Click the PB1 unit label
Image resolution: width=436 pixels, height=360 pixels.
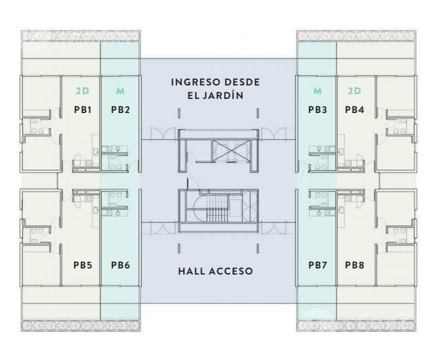click(83, 110)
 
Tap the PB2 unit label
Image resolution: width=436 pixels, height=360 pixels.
click(120, 110)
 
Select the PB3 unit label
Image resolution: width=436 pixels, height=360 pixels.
click(318, 110)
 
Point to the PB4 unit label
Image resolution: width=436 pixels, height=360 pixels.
click(355, 110)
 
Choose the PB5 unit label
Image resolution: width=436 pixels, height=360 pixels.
click(83, 265)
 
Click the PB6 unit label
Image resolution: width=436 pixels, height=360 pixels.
click(120, 265)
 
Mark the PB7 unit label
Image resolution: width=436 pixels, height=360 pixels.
click(318, 265)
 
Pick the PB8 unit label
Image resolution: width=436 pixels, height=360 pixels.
click(355, 265)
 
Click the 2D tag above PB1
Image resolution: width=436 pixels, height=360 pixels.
click(83, 91)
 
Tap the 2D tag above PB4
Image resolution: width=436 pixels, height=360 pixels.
click(355, 91)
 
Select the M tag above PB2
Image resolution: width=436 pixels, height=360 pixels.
click(120, 91)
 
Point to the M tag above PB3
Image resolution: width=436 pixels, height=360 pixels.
click(318, 91)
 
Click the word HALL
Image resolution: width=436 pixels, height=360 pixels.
click(190, 271)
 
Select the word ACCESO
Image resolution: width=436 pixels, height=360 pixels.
click(231, 271)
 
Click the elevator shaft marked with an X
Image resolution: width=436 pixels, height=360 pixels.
click(229, 151)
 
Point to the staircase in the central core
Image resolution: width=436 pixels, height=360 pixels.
click(217, 209)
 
